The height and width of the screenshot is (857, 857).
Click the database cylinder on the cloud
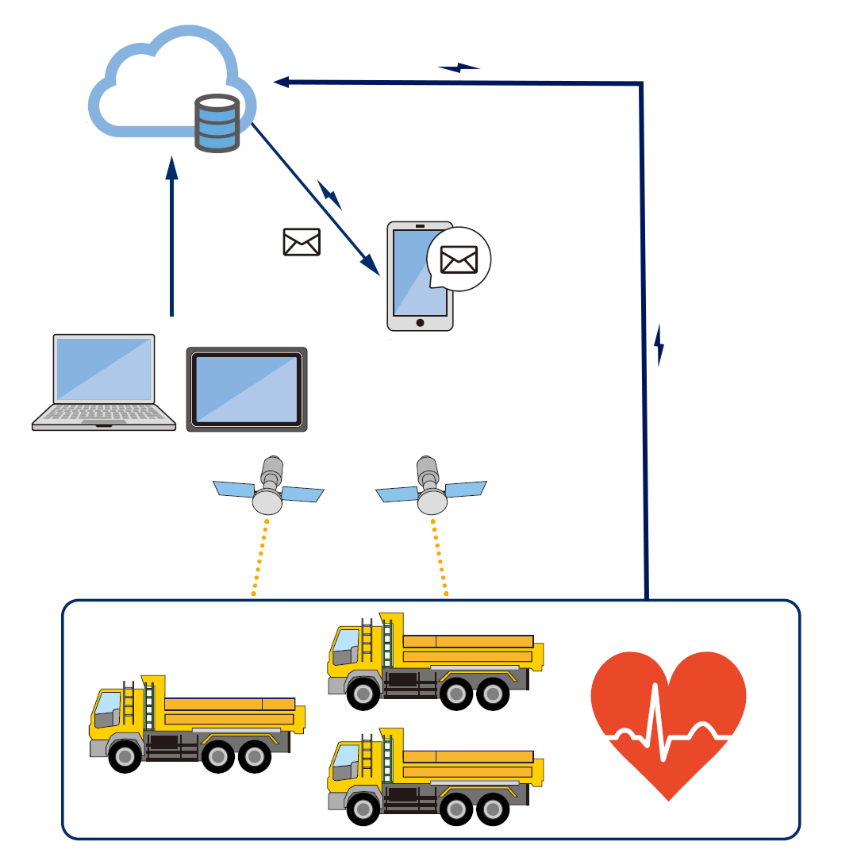(x=217, y=123)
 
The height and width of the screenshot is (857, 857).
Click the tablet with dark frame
(x=247, y=389)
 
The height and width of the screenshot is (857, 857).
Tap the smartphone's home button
(x=420, y=323)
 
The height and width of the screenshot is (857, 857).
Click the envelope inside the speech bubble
(x=459, y=259)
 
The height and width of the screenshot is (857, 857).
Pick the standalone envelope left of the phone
(x=302, y=242)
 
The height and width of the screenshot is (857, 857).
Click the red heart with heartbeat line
(x=668, y=718)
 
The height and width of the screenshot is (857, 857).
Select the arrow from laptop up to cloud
(x=171, y=238)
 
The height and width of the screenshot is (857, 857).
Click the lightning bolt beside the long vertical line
(x=659, y=345)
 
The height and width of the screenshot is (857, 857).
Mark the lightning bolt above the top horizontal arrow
(x=459, y=67)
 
